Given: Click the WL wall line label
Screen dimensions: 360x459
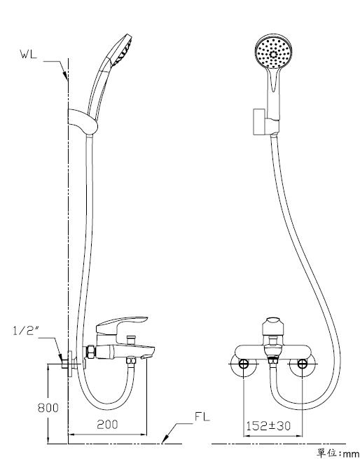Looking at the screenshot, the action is (x=29, y=54).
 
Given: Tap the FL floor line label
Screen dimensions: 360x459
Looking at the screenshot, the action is (x=202, y=416).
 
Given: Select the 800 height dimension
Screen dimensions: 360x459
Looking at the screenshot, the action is (x=48, y=408).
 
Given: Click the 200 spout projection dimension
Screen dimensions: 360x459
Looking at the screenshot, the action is (x=107, y=425).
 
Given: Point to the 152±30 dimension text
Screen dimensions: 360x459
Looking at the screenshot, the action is (x=268, y=425).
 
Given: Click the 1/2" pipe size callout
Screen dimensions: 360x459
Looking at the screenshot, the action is (x=26, y=331).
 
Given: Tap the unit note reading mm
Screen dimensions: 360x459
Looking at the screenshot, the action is (x=350, y=454).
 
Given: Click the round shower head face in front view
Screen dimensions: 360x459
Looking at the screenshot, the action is (x=274, y=54).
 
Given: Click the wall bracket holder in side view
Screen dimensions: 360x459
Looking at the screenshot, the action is (x=82, y=121).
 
